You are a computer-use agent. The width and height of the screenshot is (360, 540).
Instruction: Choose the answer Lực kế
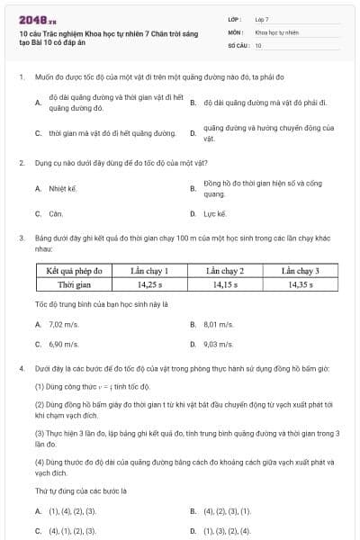tap(215, 214)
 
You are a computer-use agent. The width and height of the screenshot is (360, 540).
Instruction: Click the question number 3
tap(21, 238)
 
